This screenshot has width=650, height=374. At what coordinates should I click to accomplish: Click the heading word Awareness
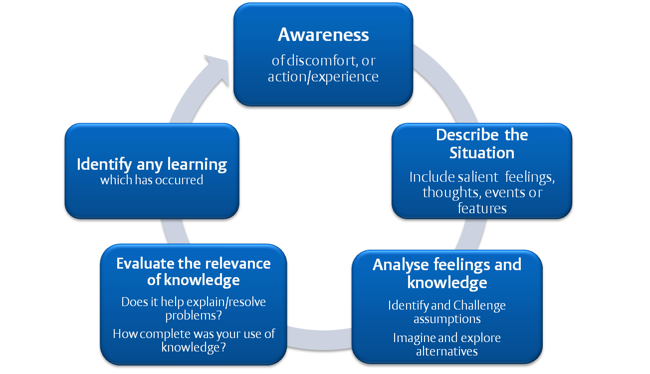tap(323, 35)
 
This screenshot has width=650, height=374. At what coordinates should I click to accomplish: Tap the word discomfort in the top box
tap(320, 61)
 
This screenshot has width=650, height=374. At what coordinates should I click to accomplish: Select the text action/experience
tap(323, 77)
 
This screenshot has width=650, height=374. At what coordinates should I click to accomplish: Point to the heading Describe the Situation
tap(481, 143)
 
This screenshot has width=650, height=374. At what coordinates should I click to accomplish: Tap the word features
tap(482, 208)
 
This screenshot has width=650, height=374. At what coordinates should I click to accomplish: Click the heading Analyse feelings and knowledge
tap(447, 273)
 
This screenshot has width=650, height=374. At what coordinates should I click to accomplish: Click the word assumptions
tap(447, 319)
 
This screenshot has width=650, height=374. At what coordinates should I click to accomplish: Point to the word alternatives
tap(447, 351)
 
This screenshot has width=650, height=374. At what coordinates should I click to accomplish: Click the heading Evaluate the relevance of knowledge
tap(194, 271)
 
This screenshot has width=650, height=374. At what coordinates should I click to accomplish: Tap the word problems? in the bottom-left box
tap(194, 316)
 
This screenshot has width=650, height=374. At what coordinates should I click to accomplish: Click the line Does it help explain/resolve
tap(194, 302)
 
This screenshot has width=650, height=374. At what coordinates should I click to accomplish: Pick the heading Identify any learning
tap(152, 164)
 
